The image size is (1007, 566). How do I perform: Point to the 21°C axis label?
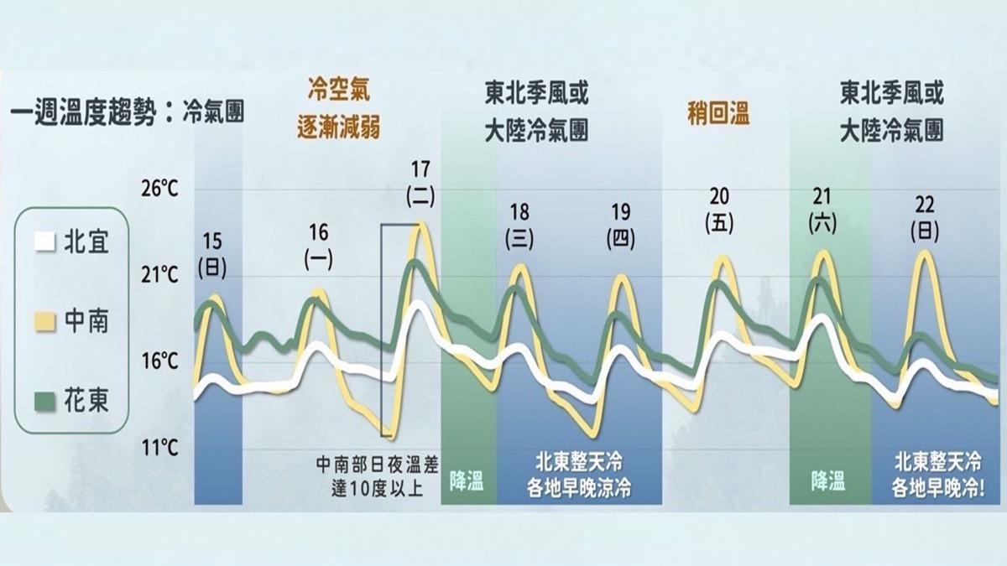point(159,275)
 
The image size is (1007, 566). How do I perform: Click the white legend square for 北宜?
point(44,244)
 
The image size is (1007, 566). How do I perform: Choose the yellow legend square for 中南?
point(44,322)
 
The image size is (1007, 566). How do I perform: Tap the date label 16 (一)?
point(319,246)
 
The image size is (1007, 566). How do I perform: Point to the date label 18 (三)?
point(519,225)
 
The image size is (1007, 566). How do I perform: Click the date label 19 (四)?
point(620,225)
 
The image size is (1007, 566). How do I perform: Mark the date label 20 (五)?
point(719,209)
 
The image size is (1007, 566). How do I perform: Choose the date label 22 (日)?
point(924,217)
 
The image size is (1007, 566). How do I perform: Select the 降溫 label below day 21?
point(828,480)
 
